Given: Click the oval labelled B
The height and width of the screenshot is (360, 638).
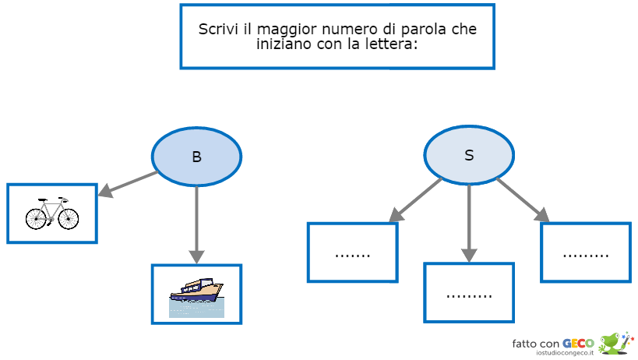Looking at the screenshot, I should (196, 156).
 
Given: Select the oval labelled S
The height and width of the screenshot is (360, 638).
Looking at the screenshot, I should (469, 155).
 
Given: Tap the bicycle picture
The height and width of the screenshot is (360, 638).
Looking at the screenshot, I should (52, 213).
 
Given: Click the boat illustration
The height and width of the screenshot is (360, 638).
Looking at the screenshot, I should (196, 294).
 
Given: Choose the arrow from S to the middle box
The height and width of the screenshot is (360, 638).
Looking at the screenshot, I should (469, 222).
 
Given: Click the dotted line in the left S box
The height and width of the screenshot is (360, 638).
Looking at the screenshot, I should (352, 255).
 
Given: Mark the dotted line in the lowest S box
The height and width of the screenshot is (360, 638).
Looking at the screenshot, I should (469, 295).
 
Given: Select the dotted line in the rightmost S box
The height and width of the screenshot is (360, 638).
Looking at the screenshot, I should (586, 255).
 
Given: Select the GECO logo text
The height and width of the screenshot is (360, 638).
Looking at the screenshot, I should (579, 343).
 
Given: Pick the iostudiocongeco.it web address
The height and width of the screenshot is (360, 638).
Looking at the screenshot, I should (566, 354).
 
